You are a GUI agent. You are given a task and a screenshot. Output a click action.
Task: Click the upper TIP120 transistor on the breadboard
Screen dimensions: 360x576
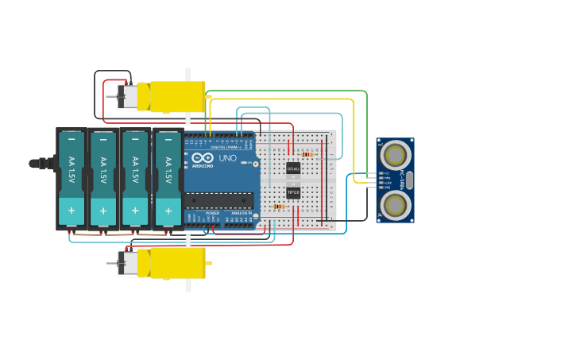tap(293, 168)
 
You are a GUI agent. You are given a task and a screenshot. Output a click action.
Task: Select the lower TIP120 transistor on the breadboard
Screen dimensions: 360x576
tap(293, 192)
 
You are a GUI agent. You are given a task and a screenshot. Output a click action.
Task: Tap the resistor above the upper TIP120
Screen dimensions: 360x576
tap(306, 154)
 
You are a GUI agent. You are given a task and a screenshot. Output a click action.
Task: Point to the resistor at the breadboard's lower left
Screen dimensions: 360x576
tap(278, 207)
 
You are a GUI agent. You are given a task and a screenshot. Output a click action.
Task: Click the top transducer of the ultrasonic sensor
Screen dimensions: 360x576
tap(395, 155)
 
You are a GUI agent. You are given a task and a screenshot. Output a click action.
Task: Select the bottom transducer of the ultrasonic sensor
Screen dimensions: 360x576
tap(395, 205)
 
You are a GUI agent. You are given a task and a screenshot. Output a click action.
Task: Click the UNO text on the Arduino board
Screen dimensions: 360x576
tap(228, 158)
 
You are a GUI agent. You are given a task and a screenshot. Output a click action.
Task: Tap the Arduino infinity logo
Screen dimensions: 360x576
tap(202, 157)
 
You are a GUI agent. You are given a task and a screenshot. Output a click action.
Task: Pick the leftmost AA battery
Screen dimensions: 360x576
tap(72, 179)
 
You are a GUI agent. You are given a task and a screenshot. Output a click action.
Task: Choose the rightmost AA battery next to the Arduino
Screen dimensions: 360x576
tap(167, 179)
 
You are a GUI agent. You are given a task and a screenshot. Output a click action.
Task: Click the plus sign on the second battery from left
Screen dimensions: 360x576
tap(103, 211)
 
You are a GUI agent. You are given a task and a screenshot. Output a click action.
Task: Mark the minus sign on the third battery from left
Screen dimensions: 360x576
tap(135, 140)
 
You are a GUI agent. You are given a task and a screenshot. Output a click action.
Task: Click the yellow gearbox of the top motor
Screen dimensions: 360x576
tap(177, 96)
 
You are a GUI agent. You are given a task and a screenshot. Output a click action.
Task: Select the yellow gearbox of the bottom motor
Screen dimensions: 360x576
tap(177, 263)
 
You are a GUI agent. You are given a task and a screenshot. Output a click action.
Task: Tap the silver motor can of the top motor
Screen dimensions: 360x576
tap(128, 97)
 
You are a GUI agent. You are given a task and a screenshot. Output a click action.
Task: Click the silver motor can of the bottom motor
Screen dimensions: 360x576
tap(128, 263)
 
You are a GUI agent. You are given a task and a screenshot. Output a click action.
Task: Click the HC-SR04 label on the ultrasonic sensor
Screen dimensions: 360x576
tap(403, 180)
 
